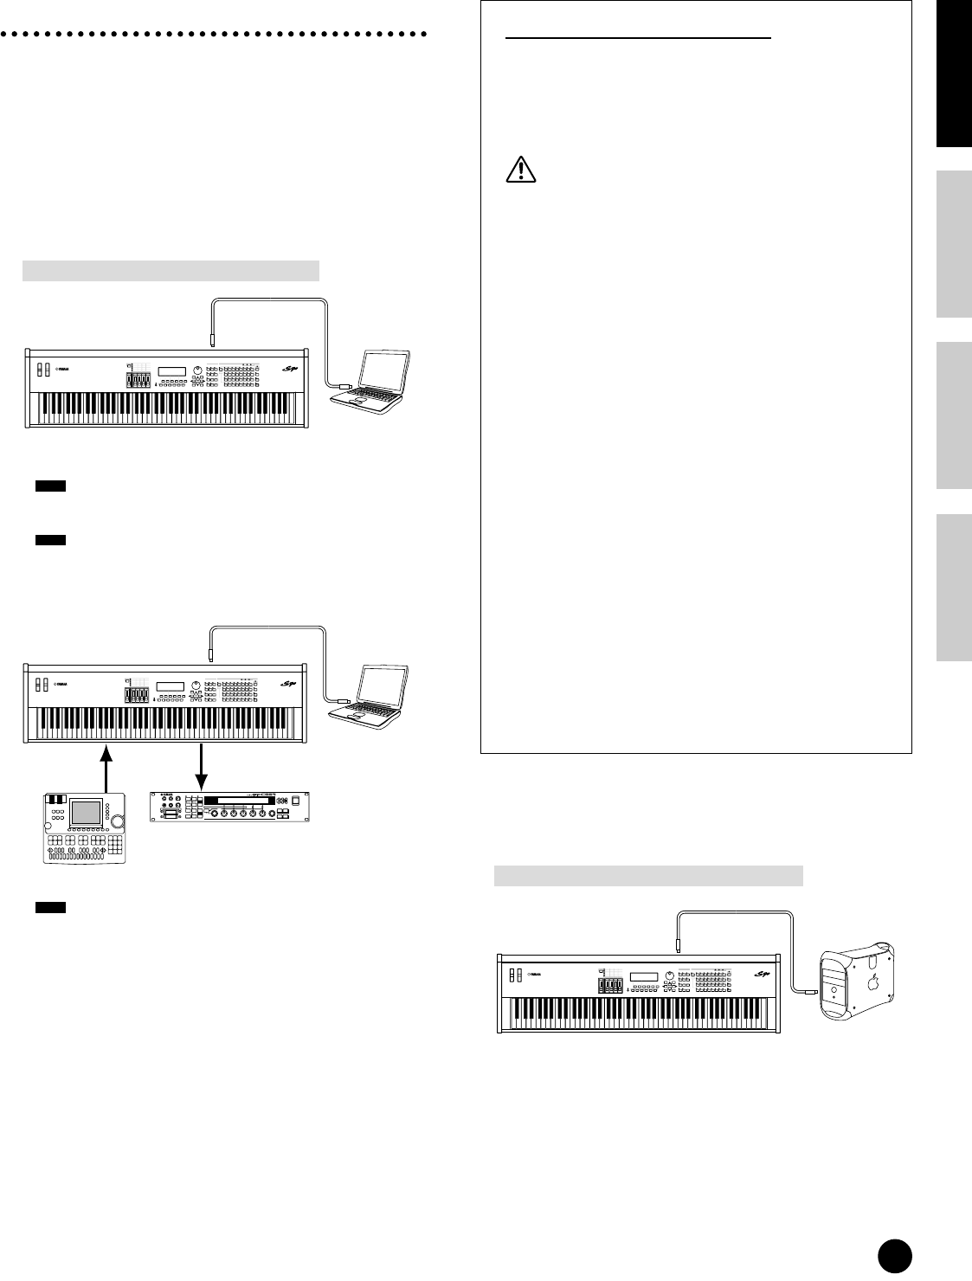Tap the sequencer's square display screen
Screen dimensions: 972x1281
(87, 812)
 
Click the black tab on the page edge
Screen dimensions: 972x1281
(954, 74)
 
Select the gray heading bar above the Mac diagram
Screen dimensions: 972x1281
(648, 876)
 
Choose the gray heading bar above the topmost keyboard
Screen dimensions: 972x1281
(171, 270)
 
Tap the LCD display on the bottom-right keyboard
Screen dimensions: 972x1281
(644, 977)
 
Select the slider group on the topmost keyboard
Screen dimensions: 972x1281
(138, 380)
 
